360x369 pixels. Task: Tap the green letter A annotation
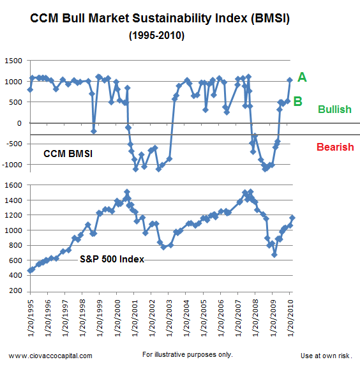302,77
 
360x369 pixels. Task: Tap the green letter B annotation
297,100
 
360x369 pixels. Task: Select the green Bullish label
335,109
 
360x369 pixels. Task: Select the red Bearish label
334,147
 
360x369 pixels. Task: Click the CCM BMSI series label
68,154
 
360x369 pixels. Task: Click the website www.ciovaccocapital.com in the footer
50,356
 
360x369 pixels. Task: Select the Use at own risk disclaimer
326,356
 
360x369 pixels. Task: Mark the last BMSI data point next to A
290,80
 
